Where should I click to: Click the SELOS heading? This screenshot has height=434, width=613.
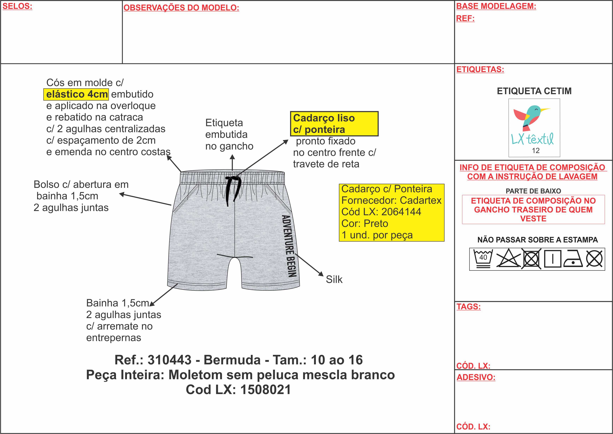[x=17, y=6]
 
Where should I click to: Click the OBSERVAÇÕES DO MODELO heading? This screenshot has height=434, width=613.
[x=181, y=8]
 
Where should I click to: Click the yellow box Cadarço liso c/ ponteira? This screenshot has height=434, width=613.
[x=334, y=124]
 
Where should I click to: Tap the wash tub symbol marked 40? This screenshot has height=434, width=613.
[x=483, y=258]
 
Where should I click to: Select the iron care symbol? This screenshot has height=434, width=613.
[x=573, y=259]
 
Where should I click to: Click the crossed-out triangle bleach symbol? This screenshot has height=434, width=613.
[x=508, y=258]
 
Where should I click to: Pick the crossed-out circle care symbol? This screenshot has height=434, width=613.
[x=594, y=259]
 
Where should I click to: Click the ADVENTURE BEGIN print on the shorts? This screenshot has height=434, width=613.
[x=289, y=246]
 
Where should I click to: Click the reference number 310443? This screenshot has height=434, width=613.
[x=169, y=360]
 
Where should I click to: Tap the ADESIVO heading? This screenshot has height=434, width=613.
[x=476, y=377]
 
